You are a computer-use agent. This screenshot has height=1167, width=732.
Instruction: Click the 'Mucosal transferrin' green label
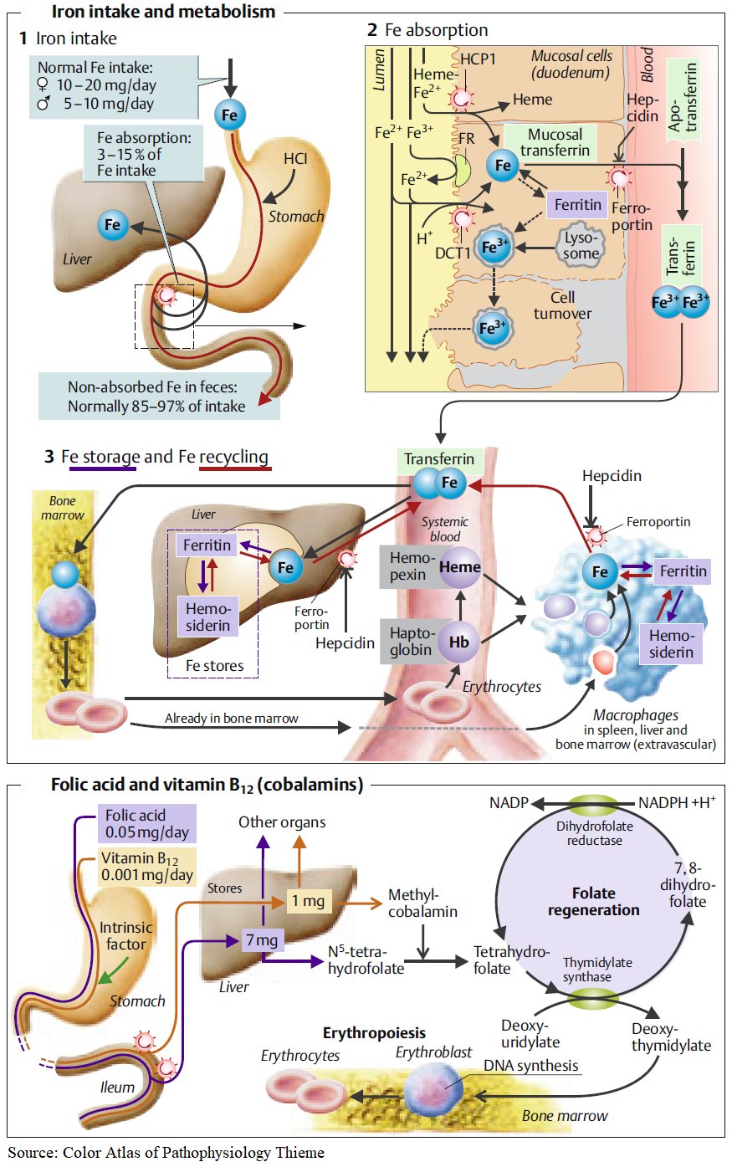(555, 142)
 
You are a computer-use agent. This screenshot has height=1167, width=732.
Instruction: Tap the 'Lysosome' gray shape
(581, 245)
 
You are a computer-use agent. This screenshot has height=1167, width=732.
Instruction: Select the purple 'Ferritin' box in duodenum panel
(577, 205)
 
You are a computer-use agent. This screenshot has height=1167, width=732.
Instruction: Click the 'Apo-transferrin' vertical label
(682, 98)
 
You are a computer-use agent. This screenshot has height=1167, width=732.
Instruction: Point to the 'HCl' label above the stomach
(295, 159)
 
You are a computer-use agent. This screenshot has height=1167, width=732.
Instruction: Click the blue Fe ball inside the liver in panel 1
(112, 225)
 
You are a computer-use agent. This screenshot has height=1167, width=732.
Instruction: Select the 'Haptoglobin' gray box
(411, 642)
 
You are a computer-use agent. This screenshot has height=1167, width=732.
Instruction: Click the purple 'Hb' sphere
(459, 642)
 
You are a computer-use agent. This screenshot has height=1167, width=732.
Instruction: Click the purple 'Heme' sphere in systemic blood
(459, 566)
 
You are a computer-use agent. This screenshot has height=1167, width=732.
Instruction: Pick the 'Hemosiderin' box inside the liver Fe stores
(207, 617)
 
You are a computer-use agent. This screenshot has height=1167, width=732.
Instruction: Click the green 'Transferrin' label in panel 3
(438, 459)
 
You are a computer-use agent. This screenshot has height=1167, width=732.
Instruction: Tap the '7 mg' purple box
(262, 940)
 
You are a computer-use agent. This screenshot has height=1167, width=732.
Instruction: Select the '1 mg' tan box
(307, 901)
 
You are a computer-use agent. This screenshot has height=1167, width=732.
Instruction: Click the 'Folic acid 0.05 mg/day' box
(147, 824)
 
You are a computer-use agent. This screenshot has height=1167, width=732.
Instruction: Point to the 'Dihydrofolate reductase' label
(594, 833)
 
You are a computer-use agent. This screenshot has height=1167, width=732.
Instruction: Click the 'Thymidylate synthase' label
(596, 970)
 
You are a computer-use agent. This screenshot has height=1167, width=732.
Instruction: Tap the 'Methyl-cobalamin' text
(422, 903)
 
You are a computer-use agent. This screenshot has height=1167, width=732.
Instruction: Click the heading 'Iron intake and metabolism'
(163, 12)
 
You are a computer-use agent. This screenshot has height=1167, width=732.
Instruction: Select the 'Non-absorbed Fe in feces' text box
(157, 397)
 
